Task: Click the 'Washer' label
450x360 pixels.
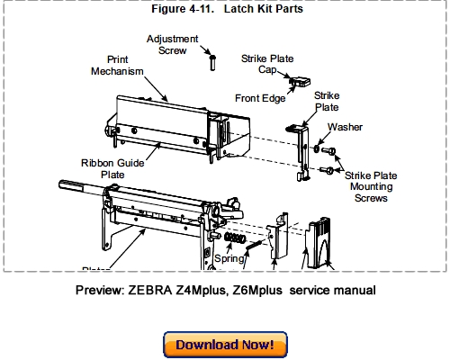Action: point(345,127)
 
